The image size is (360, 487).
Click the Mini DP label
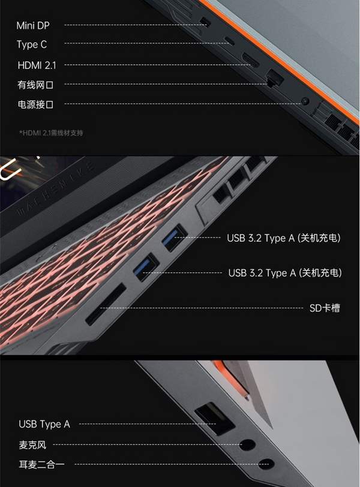[33, 25]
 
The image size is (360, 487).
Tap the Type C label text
[32, 44]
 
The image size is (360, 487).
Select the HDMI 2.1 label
[37, 65]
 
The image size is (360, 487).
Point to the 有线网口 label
[35, 85]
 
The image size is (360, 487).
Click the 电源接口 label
[35, 104]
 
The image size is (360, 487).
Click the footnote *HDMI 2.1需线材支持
[51, 133]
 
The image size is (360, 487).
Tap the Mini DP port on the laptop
[205, 22]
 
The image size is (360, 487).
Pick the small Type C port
[230, 41]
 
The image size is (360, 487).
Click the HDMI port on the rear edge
[250, 60]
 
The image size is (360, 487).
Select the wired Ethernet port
[274, 78]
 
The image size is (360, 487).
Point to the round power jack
[305, 101]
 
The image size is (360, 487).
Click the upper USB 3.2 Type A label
[284, 238]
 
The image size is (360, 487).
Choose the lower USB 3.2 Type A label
[285, 273]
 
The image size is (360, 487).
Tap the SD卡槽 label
[325, 308]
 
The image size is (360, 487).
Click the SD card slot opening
[106, 305]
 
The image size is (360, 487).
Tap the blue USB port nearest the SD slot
[146, 267]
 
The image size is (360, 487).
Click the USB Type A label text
[44, 424]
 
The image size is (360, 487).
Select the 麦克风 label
[32, 445]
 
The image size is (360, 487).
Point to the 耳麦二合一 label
[41, 465]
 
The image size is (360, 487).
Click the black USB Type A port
[215, 419]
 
